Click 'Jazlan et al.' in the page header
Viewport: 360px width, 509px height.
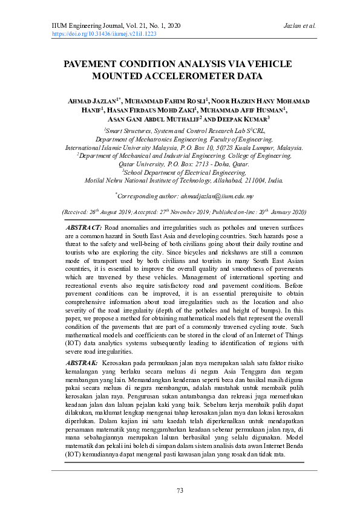[299, 26]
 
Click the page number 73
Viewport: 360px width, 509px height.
[180, 490]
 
